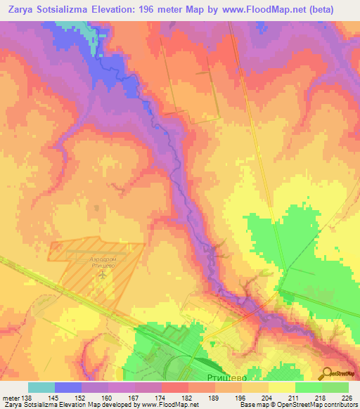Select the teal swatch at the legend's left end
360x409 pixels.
point(41,387)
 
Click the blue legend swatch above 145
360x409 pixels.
point(68,387)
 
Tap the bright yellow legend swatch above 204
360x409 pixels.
point(282,387)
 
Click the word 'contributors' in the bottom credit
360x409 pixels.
point(337,405)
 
